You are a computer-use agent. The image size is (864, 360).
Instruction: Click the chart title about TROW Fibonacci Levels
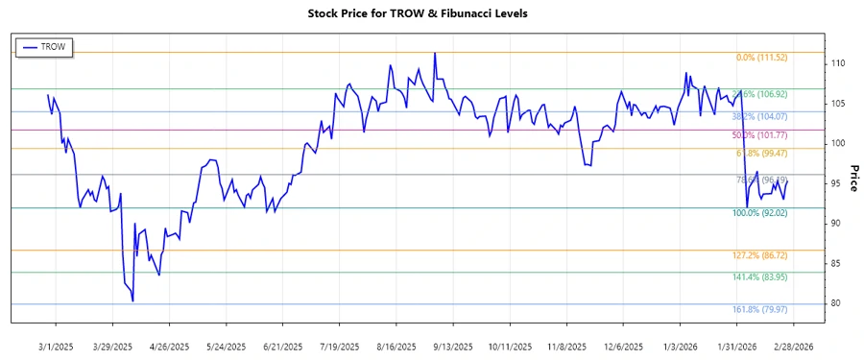431,13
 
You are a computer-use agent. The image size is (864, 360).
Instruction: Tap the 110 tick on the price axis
837,63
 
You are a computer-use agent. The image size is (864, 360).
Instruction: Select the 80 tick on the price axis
836,303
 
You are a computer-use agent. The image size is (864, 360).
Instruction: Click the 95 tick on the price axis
836,183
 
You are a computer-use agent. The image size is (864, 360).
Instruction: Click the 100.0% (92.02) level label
759,213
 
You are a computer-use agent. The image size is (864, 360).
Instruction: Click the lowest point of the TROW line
132,301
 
